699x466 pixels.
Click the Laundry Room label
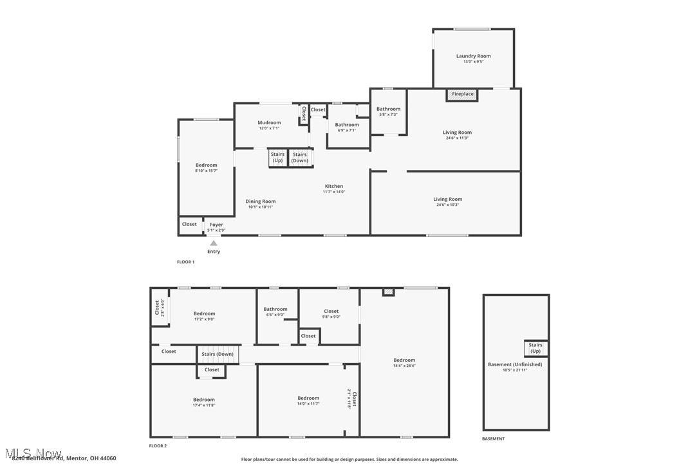pos(473,56)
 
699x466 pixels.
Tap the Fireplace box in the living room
pos(462,95)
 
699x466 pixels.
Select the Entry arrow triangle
pos(214,243)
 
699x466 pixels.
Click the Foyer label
pos(216,225)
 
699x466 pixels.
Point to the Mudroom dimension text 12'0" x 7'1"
pos(269,128)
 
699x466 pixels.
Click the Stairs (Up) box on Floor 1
pos(277,158)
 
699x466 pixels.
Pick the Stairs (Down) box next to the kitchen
pos(300,158)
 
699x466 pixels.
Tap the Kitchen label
pos(333,186)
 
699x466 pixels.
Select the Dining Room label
pos(260,201)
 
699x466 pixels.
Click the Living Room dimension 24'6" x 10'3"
pos(447,205)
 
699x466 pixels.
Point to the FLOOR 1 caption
pos(185,262)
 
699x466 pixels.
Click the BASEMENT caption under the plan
pos(493,439)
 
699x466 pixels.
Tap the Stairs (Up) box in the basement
pos(536,348)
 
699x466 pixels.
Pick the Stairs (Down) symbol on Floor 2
pos(218,354)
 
